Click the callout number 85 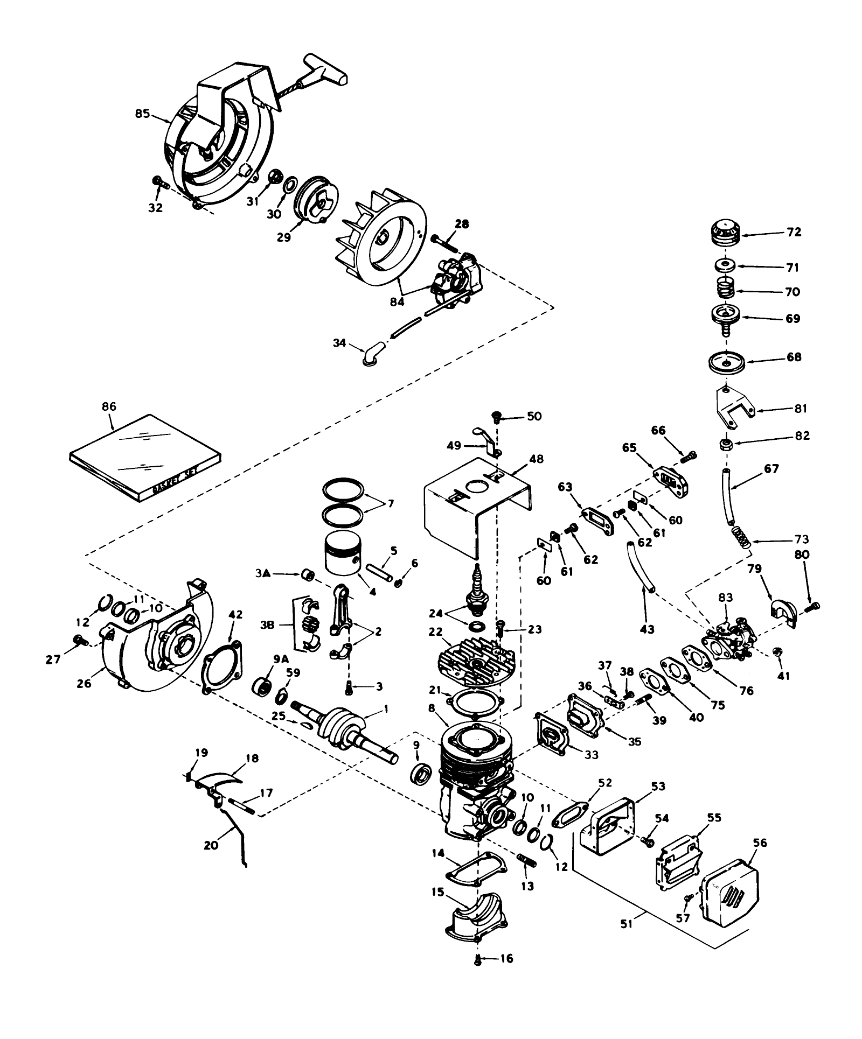click(142, 114)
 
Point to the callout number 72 click(794, 233)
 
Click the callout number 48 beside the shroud click(536, 459)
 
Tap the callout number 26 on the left click(85, 684)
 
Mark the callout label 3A click(263, 574)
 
